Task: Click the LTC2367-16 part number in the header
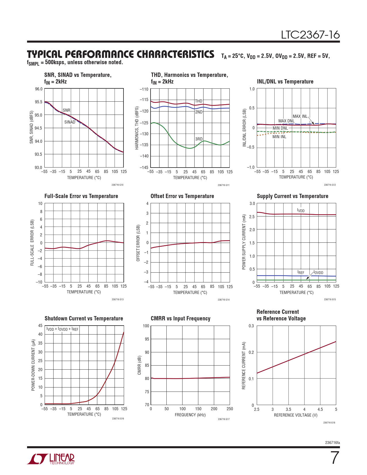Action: (x=310, y=35)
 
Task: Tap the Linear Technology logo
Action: (x=51, y=459)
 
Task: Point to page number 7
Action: (x=335, y=458)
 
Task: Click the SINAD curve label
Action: (x=70, y=122)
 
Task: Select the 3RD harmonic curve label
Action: (x=199, y=139)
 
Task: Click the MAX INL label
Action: (x=300, y=116)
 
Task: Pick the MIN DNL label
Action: (x=280, y=128)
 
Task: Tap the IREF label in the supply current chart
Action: (x=301, y=272)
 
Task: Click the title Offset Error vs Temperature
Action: (x=182, y=196)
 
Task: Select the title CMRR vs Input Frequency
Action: (x=180, y=318)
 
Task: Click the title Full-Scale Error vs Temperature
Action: (x=81, y=196)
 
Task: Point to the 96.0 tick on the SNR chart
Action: (x=39, y=89)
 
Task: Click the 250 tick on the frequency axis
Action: (x=230, y=409)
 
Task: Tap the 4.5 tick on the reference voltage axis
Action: (x=320, y=409)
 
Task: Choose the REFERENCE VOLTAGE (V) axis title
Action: (x=296, y=415)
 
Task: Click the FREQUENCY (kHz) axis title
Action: (x=190, y=415)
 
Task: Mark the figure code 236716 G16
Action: (x=118, y=419)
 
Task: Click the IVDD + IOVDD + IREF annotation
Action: (x=62, y=329)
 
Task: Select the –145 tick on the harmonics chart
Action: (x=144, y=167)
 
